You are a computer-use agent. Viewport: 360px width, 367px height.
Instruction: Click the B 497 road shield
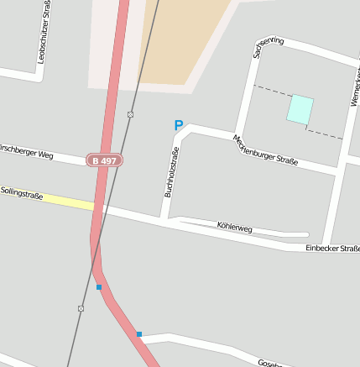[x=105, y=160]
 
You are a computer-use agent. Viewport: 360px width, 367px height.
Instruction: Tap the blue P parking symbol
[x=178, y=126]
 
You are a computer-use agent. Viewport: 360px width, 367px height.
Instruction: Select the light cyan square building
[x=300, y=109]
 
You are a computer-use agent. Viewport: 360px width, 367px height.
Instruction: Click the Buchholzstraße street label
[x=172, y=172]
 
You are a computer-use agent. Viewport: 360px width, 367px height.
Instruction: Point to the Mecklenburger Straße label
[x=265, y=151]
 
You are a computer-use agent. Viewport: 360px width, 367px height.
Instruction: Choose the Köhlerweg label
[x=234, y=227]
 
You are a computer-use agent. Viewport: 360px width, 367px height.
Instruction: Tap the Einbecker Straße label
[x=332, y=248]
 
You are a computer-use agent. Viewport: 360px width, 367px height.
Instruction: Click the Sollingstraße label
[x=22, y=193]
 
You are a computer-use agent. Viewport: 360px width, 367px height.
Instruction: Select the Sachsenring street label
[x=268, y=47]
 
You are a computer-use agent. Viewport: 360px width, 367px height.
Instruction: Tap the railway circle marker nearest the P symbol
[x=131, y=114]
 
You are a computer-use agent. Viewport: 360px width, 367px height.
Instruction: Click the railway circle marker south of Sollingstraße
[x=81, y=308]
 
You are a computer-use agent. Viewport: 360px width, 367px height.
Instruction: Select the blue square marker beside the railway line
[x=99, y=287]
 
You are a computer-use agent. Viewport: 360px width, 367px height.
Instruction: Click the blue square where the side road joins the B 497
[x=139, y=334]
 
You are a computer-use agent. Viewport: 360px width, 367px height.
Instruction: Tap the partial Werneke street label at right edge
[x=354, y=88]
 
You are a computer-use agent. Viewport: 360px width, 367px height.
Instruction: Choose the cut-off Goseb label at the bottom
[x=269, y=363]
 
